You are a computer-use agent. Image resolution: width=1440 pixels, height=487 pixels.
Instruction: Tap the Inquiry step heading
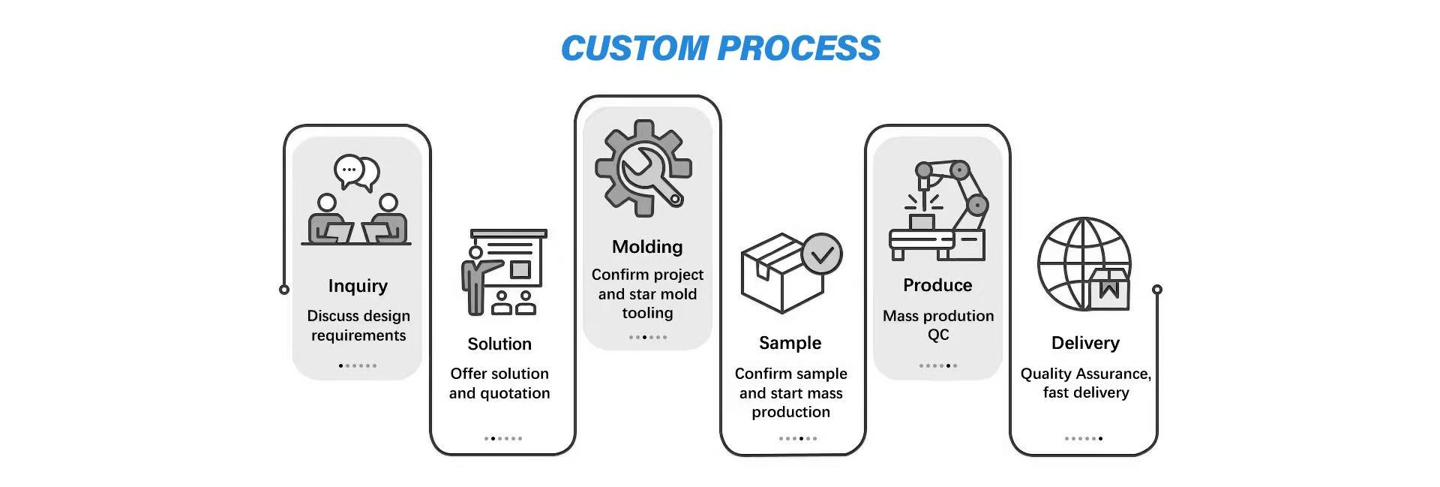click(x=358, y=286)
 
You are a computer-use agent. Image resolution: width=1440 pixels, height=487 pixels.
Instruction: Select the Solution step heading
click(x=499, y=344)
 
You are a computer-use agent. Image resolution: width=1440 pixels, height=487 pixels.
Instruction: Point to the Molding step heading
click(x=647, y=247)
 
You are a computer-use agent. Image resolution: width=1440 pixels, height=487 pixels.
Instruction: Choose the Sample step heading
click(x=790, y=343)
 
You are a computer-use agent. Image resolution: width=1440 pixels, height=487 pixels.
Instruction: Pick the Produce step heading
click(x=937, y=285)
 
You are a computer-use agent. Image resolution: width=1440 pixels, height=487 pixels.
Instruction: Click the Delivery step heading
click(x=1085, y=343)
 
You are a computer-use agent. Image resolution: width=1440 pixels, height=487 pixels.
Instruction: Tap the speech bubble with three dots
click(x=349, y=170)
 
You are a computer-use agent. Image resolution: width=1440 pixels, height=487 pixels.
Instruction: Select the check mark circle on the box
click(x=822, y=254)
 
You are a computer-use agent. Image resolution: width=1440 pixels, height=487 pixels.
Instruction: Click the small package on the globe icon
click(x=1109, y=290)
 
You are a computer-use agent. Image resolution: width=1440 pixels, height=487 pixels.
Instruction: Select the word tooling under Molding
click(x=647, y=313)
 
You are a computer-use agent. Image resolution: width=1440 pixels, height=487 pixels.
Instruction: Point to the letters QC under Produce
click(x=938, y=335)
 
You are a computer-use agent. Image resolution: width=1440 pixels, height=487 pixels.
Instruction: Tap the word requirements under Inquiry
click(x=358, y=335)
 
